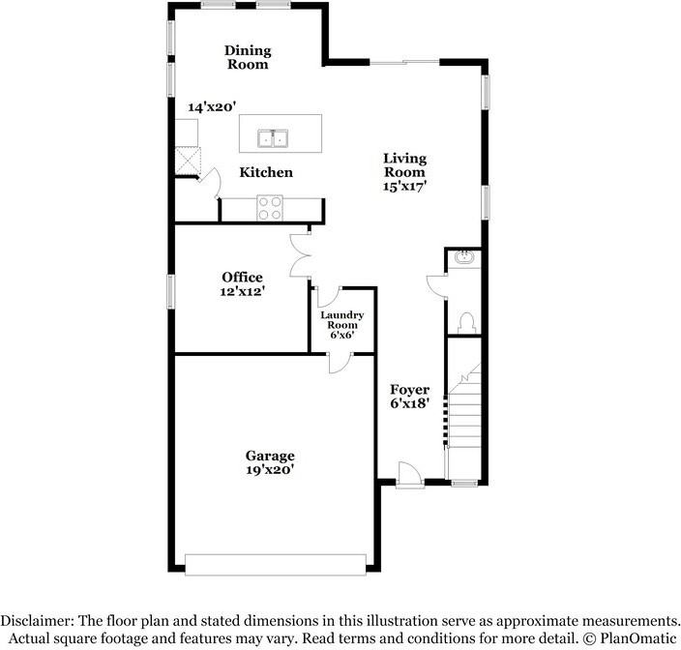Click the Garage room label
pyautogui.click(x=270, y=456)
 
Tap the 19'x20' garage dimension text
pyautogui.click(x=270, y=469)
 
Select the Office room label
pyautogui.click(x=243, y=277)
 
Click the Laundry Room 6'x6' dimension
pyautogui.click(x=342, y=335)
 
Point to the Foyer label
pyautogui.click(x=409, y=389)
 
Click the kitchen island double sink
pyautogui.click(x=273, y=138)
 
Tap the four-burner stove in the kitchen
pyautogui.click(x=270, y=208)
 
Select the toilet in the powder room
pyautogui.click(x=466, y=323)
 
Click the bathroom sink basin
pyautogui.click(x=464, y=257)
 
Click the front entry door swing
pyautogui.click(x=410, y=472)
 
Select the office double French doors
pyautogui.click(x=300, y=255)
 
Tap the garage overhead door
pyautogui.click(x=276, y=565)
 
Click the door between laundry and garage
pyautogui.click(x=340, y=364)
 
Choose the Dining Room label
pyautogui.click(x=248, y=57)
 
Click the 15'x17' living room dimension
pyautogui.click(x=404, y=187)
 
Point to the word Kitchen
pyautogui.click(x=266, y=172)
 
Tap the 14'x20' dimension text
pyautogui.click(x=212, y=106)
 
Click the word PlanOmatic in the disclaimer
pyautogui.click(x=638, y=638)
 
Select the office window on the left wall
pyautogui.click(x=170, y=291)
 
